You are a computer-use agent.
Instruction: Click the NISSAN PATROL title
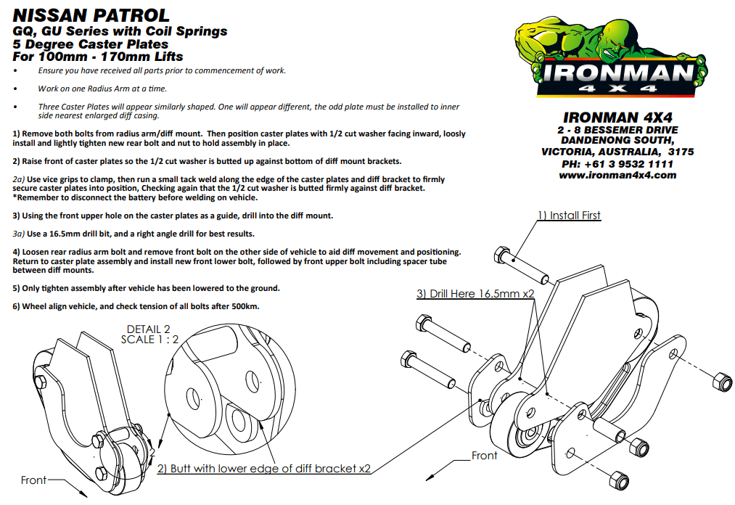[91, 15]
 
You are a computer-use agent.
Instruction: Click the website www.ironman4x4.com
[617, 175]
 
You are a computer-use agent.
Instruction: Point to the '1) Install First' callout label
[569, 215]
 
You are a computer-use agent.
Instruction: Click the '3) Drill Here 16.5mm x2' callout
[475, 294]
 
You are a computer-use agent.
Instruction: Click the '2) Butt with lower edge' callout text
[265, 469]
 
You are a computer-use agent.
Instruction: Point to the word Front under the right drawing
[485, 456]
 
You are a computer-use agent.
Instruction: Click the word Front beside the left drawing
[33, 480]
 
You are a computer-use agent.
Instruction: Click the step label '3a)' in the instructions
[20, 234]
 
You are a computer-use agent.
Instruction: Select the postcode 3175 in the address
[681, 152]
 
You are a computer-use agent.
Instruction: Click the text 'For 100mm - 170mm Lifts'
[98, 56]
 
